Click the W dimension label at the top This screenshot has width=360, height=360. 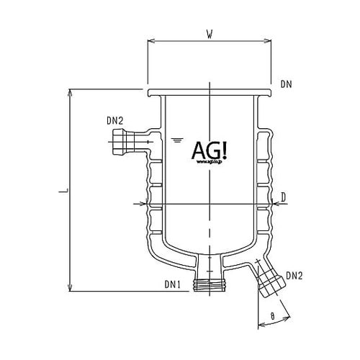(209, 32)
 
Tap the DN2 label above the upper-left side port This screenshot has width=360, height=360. (117, 122)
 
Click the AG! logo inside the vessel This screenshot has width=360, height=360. (209, 150)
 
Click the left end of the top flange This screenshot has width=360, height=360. (149, 93)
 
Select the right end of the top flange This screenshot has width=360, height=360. (269, 93)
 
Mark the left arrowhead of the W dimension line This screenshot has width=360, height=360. (149, 41)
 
